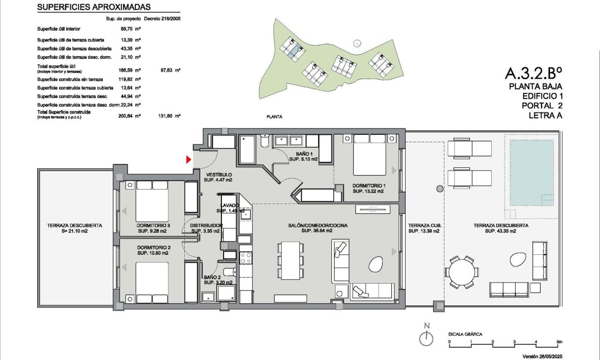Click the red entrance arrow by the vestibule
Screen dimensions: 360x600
click(188, 159)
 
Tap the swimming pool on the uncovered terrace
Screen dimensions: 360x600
click(531, 173)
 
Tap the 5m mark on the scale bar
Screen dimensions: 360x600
click(559, 341)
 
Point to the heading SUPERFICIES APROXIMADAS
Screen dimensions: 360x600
click(94, 7)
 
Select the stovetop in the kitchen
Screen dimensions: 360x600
click(246, 259)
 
